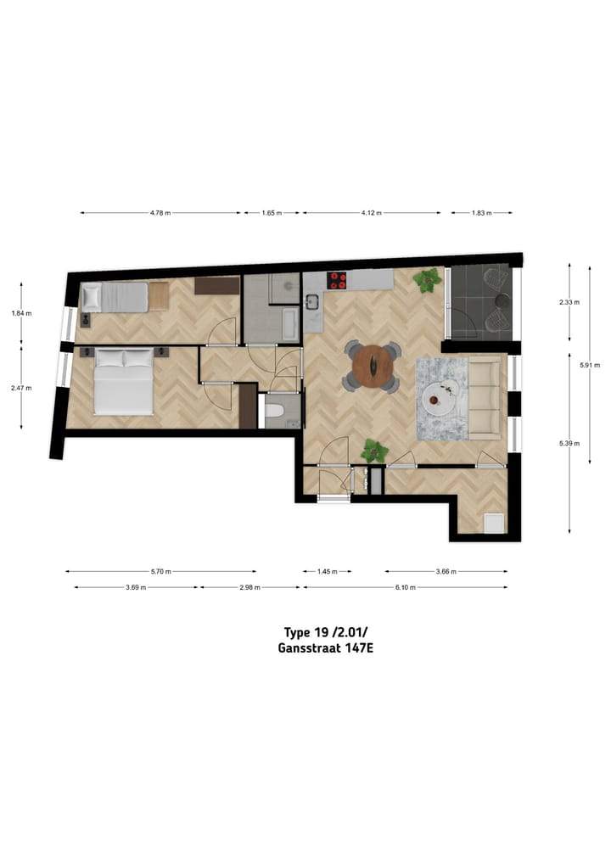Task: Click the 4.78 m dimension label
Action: tap(158, 213)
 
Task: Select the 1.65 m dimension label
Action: tap(271, 213)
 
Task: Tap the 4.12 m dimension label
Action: tap(372, 213)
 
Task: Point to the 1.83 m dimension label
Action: tap(481, 213)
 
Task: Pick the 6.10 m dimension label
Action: tap(404, 587)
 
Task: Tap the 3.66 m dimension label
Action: tap(446, 572)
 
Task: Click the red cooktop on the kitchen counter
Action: tap(338, 281)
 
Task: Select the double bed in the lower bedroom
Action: tap(124, 381)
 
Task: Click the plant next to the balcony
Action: tap(427, 280)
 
